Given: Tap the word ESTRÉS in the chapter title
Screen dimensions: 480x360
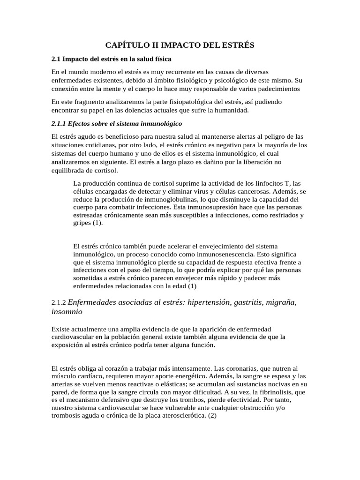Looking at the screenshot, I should [237, 45].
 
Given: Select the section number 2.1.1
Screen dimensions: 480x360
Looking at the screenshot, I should [59, 124].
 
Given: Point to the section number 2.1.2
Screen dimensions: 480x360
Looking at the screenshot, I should [60, 303].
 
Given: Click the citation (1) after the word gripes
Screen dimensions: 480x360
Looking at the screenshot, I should [97, 223].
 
